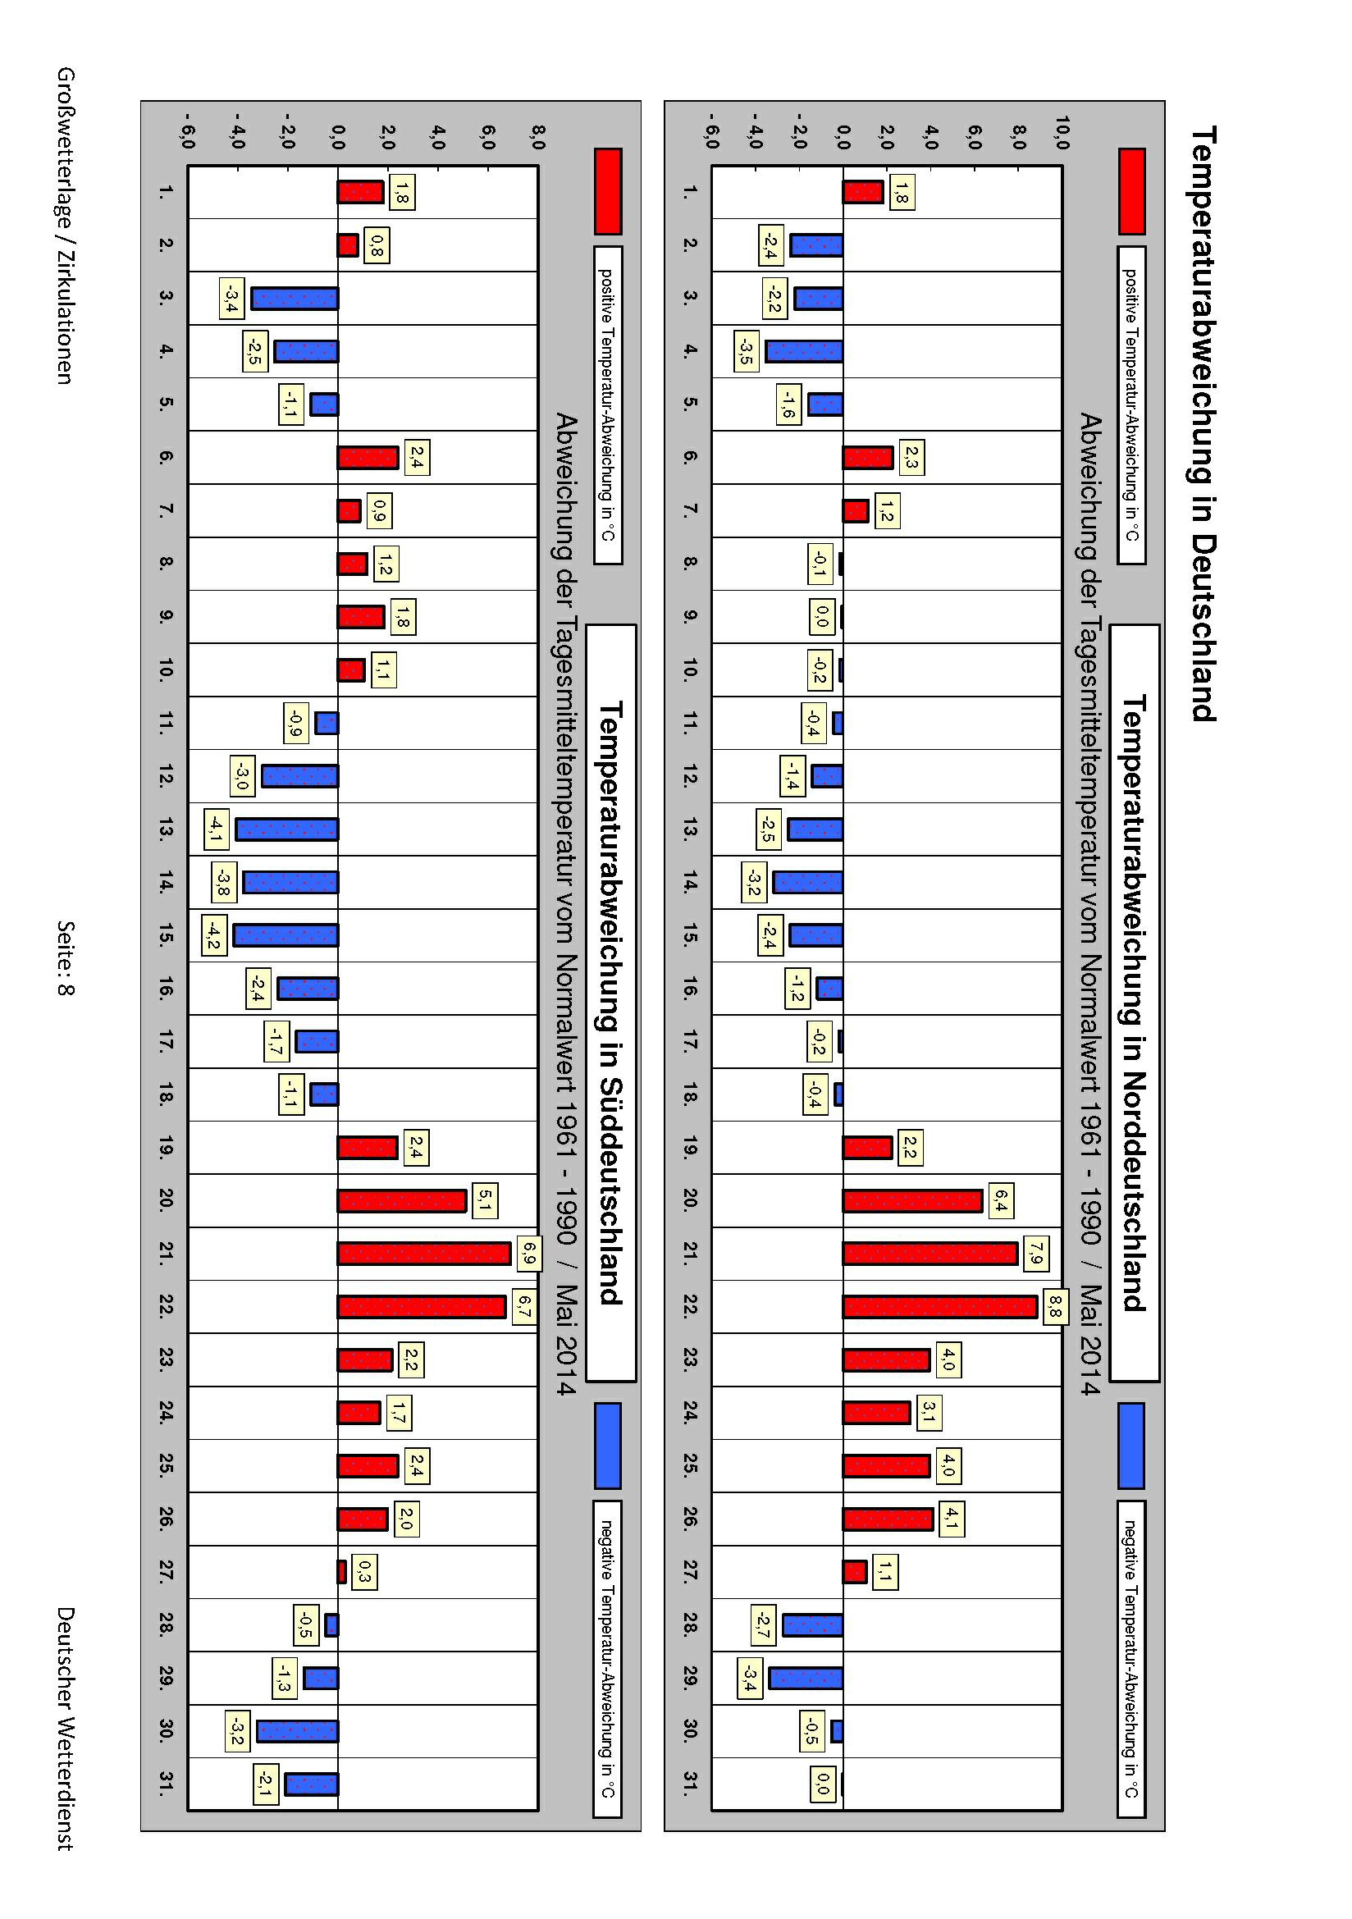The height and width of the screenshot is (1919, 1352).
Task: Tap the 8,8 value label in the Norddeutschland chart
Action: tap(1053, 1308)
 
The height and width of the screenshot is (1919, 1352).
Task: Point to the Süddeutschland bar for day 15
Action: tap(285, 934)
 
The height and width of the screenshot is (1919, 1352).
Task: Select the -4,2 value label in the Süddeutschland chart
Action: tap(214, 936)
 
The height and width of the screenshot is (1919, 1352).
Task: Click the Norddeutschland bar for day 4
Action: tap(804, 350)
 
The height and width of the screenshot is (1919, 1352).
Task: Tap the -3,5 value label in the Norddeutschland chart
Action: tap(744, 351)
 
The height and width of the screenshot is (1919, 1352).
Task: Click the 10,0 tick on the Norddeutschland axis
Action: tap(1062, 133)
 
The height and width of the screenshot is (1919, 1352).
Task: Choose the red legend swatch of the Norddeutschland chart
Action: tap(1131, 191)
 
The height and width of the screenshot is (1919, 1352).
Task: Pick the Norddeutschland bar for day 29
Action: tap(806, 1679)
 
